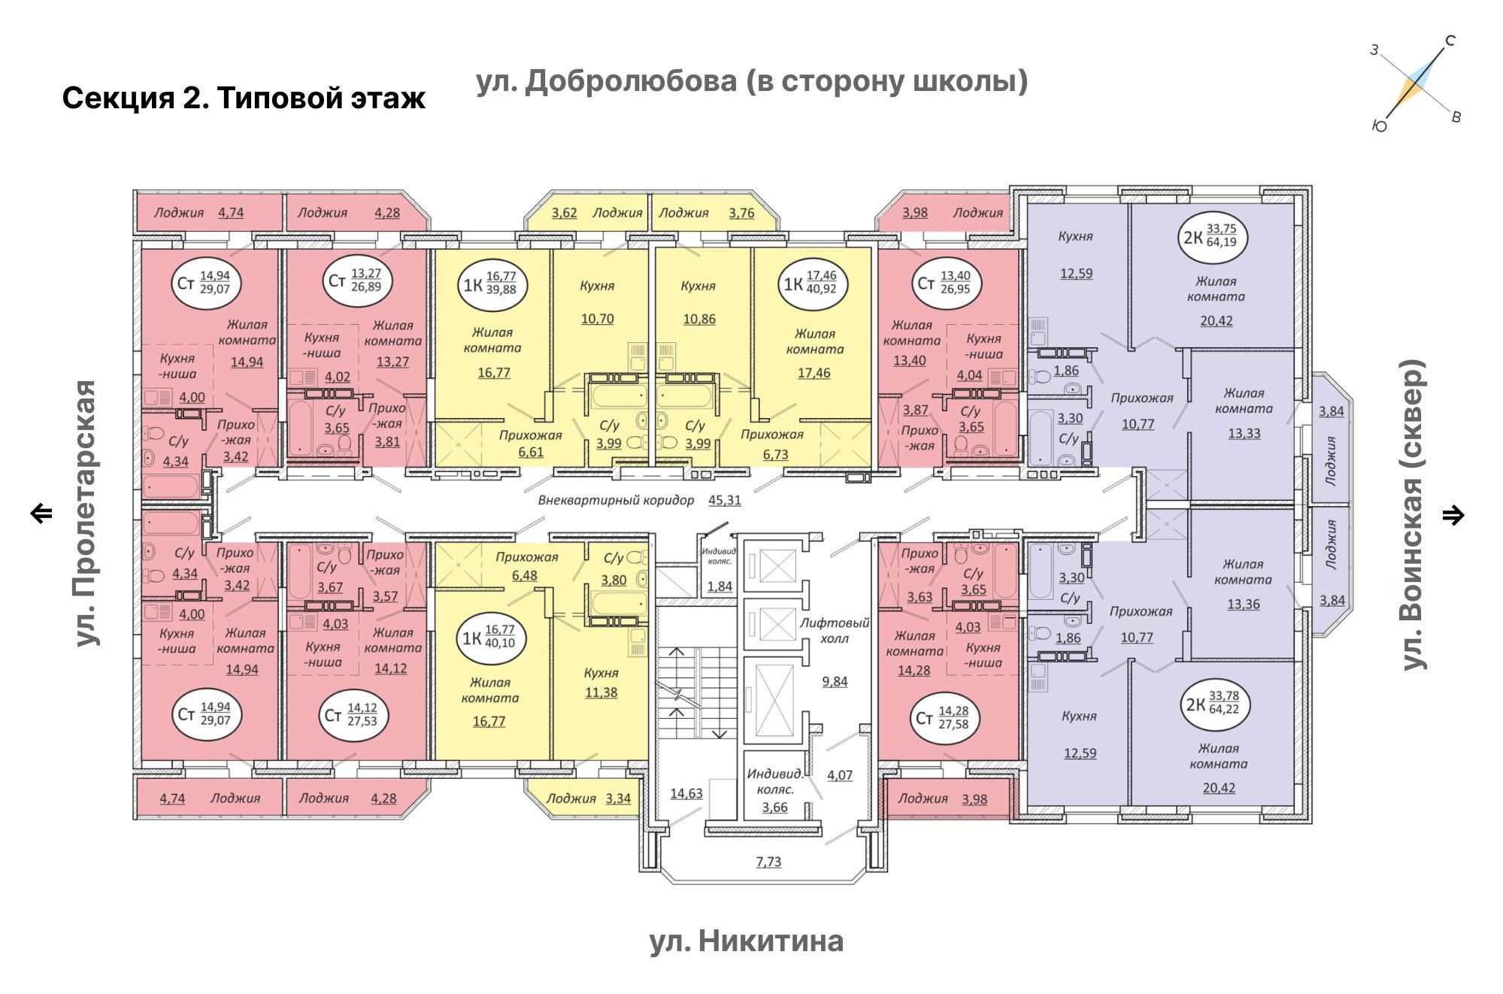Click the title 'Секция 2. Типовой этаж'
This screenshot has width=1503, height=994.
244,98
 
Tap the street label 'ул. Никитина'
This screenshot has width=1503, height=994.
747,941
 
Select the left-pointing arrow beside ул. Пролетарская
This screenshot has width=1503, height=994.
41,514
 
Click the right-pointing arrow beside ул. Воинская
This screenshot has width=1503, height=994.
1453,515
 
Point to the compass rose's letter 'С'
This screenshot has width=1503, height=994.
1450,41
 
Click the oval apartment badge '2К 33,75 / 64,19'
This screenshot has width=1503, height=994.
1212,236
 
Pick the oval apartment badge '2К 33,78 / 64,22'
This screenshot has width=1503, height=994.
1215,704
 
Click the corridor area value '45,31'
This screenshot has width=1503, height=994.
725,500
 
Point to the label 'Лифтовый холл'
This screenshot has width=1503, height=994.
835,631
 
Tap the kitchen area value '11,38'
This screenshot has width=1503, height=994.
602,692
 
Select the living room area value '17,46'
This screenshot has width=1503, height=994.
814,373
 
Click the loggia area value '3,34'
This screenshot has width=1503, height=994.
619,799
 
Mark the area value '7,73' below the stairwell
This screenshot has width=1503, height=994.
768,862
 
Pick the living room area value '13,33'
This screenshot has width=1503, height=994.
1244,434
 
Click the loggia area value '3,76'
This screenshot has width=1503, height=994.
741,213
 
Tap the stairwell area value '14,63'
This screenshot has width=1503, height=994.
686,793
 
